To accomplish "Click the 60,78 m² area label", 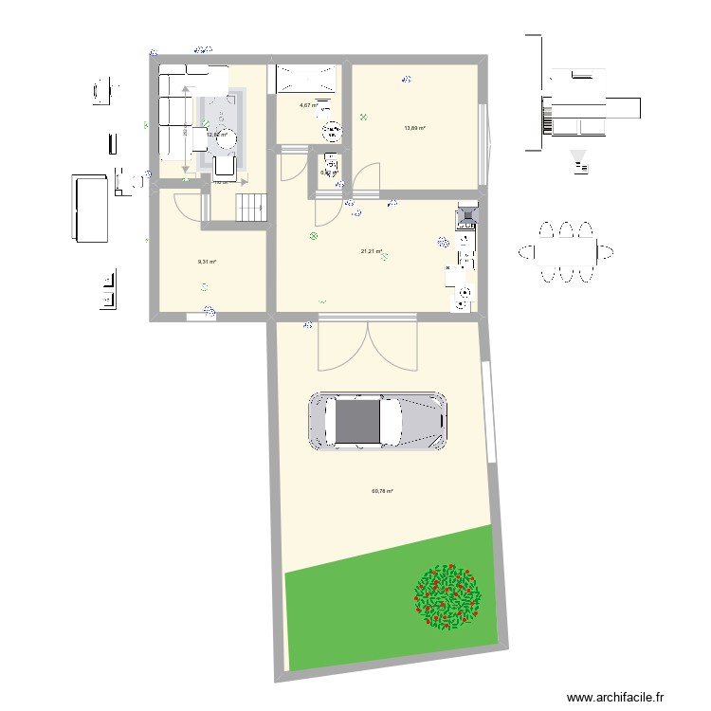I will pyautogui.click(x=382, y=491).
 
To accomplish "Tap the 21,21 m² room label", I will pyautogui.click(x=371, y=252).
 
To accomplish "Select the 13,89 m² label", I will pyautogui.click(x=414, y=129).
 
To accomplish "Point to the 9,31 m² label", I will pyautogui.click(x=207, y=263).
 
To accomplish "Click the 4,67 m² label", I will pyautogui.click(x=308, y=105).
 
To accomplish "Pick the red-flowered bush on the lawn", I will pyautogui.click(x=447, y=596).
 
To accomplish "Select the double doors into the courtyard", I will pyautogui.click(x=367, y=344).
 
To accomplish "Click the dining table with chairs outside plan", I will pyautogui.click(x=565, y=251).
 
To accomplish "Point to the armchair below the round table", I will pyautogui.click(x=224, y=167).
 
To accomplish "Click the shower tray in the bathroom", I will pyautogui.click(x=305, y=78).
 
